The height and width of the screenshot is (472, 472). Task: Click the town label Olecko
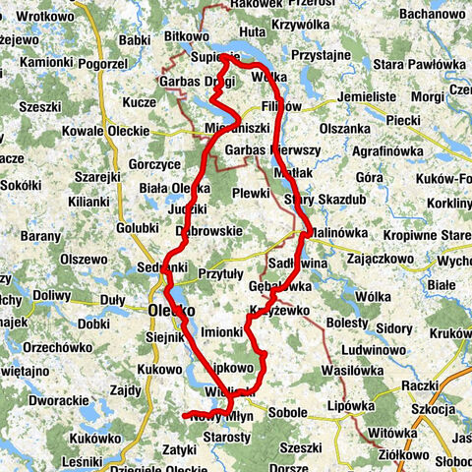click(173, 310)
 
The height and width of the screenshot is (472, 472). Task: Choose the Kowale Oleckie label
click(103, 131)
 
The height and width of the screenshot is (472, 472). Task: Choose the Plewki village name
click(252, 194)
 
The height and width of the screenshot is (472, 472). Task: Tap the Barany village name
click(41, 237)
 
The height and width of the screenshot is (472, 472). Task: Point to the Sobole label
click(287, 412)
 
